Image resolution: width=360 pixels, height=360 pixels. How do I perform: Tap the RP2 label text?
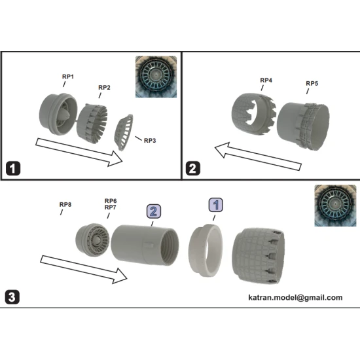pos(104,88)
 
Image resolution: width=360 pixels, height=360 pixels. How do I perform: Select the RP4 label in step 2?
pos(266,81)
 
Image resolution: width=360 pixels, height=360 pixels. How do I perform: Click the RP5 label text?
pos(312,84)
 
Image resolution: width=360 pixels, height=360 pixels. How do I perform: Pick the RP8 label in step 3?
pos(65,205)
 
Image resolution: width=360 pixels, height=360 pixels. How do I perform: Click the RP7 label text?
pos(111,208)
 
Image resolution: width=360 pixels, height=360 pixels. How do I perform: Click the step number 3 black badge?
pos(12,297)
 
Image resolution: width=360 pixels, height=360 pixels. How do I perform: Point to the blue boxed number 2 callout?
pos(153,211)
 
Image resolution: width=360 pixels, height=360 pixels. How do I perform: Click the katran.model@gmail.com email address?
pos(295,297)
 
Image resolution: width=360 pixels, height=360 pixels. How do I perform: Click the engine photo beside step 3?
pos(334,205)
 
